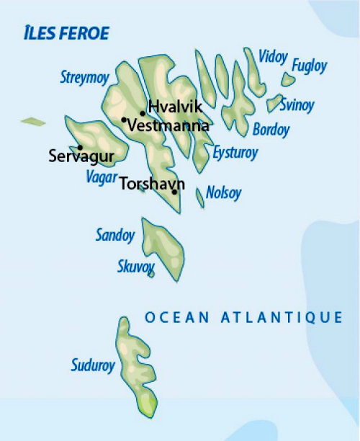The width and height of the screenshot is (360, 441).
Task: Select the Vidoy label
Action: [x=273, y=56]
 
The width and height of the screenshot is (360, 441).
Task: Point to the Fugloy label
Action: [x=309, y=66]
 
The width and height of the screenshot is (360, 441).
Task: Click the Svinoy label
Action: [x=297, y=105]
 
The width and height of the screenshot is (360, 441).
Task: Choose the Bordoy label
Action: [x=271, y=130]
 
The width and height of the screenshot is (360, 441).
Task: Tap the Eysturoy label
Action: [x=235, y=153]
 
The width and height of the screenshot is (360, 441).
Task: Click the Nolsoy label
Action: [x=223, y=193]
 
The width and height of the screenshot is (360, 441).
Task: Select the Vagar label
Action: [x=101, y=177]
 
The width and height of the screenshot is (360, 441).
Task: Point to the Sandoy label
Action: [x=115, y=235]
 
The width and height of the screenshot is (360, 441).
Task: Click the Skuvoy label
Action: [x=135, y=267]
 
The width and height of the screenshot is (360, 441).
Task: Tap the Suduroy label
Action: [x=93, y=366]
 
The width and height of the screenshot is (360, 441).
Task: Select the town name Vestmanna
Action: [x=168, y=125]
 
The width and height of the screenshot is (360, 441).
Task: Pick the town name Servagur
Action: [x=81, y=156]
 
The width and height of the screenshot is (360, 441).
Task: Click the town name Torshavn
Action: [x=153, y=183]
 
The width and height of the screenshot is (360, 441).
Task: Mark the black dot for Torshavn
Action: [x=174, y=192]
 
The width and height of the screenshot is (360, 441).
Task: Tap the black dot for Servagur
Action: [x=80, y=147]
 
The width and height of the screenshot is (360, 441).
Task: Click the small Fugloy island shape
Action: [x=288, y=79]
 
